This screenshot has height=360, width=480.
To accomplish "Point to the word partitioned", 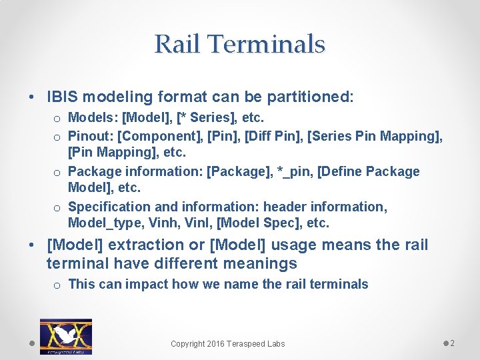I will (x=309, y=97).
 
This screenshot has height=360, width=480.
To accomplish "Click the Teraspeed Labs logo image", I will (x=66, y=337).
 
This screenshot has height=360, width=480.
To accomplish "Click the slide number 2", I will (x=452, y=343).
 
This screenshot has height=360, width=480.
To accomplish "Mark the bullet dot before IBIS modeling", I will (x=33, y=97).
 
